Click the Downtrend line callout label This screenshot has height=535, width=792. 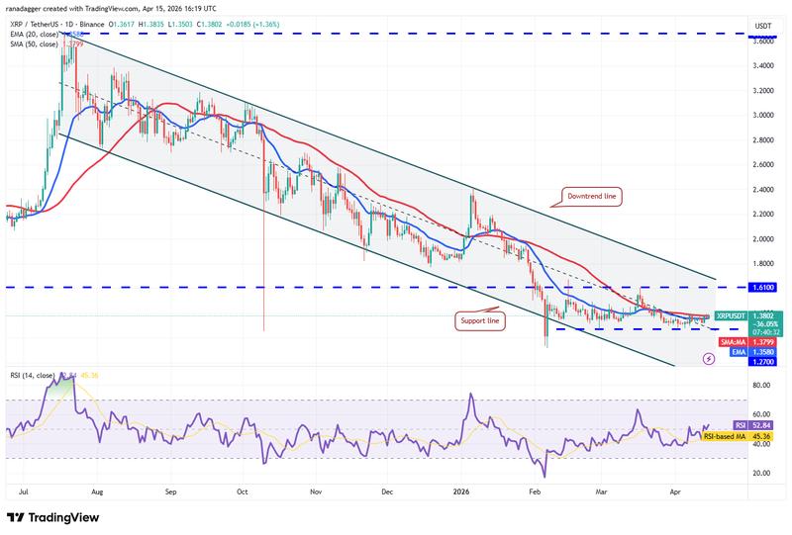coord(591,197)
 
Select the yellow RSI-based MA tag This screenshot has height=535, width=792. coord(763,436)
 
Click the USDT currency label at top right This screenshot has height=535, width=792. coord(762,26)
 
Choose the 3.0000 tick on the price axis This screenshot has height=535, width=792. coord(763,115)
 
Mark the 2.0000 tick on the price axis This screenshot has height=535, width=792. coord(763,238)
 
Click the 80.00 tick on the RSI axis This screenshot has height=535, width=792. coord(761,385)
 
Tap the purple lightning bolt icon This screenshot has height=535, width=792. coord(708,360)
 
